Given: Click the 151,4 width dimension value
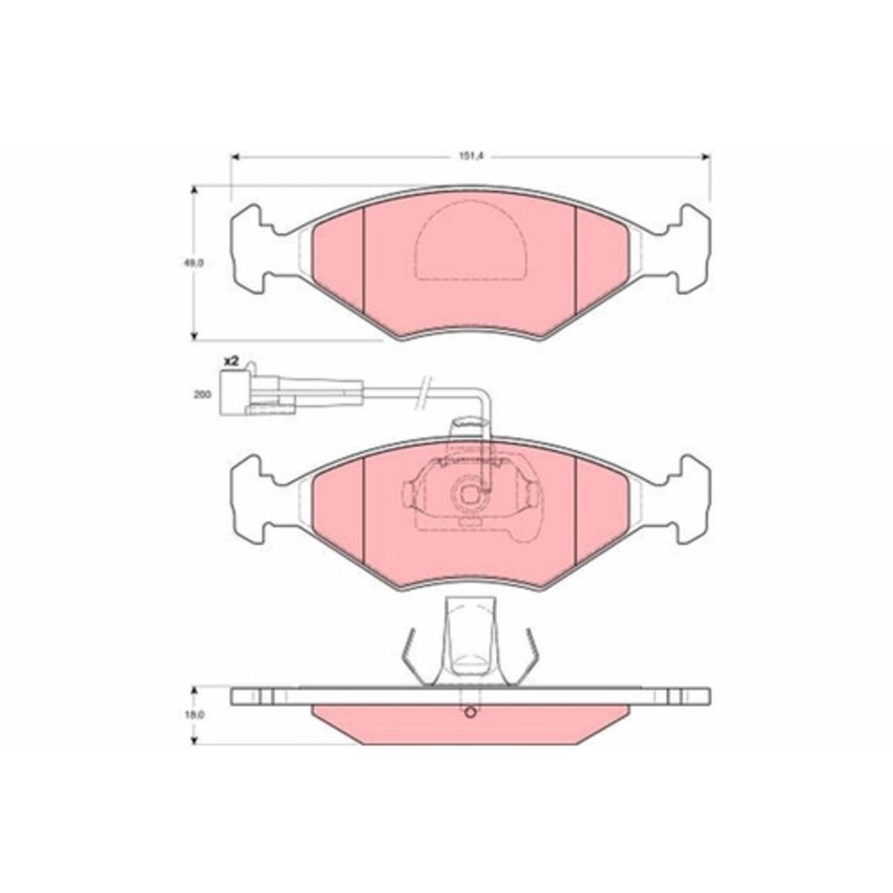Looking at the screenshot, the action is pos(471,156).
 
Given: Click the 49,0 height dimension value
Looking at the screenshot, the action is pos(194,263).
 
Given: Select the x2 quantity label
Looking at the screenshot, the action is pos(231,361).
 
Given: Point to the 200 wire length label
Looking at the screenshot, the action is pos(202,394).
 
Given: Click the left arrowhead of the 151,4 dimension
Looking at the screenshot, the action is pos(236,156).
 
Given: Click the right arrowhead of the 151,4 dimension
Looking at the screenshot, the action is pos(705,156).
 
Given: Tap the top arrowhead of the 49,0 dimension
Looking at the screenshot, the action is pos(194,191).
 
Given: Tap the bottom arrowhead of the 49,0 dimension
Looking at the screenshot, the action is pos(194,336).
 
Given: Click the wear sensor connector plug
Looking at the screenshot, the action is pos(257,392).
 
